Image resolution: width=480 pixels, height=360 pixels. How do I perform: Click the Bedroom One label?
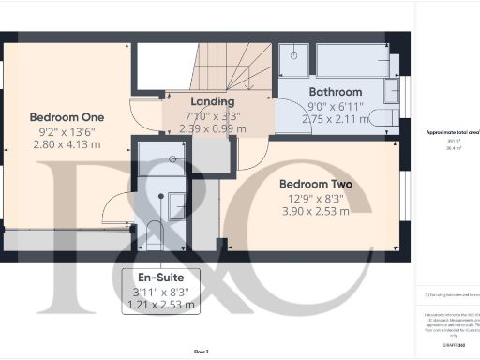point(67,117)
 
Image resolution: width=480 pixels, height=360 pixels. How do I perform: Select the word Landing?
point(212,101)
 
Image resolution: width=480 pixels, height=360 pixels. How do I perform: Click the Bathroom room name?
point(335,92)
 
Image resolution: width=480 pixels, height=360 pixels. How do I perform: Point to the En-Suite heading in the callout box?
point(155,278)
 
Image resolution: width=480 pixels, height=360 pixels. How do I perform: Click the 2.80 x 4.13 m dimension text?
point(67,147)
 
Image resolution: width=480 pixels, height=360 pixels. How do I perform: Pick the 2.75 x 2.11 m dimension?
point(335,120)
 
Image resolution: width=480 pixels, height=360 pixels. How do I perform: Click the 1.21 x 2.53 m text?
point(155,306)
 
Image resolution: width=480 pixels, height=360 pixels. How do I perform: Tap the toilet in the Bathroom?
point(384,117)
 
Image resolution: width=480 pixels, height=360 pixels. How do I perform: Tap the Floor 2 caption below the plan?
point(202,352)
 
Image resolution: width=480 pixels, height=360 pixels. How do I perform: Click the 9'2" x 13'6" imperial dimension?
point(67,132)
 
